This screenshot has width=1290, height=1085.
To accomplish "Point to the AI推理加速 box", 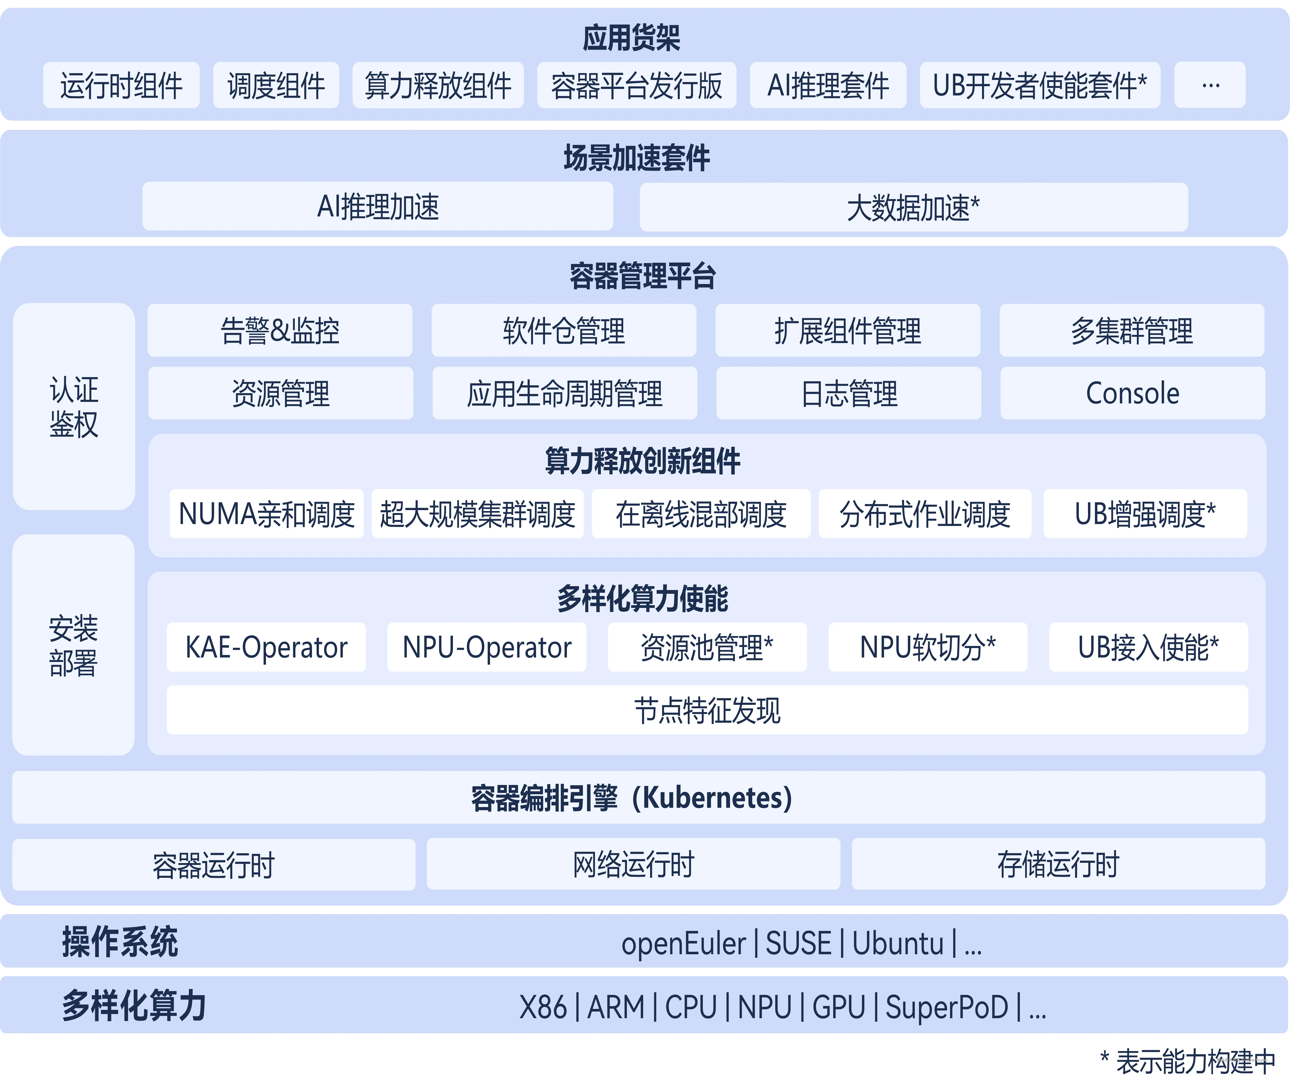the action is click(x=377, y=207).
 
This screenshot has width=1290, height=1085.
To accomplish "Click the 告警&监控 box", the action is click(x=280, y=330).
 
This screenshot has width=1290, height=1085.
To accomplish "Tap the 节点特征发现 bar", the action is click(x=707, y=710).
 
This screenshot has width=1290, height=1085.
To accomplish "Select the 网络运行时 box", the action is click(x=633, y=864).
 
